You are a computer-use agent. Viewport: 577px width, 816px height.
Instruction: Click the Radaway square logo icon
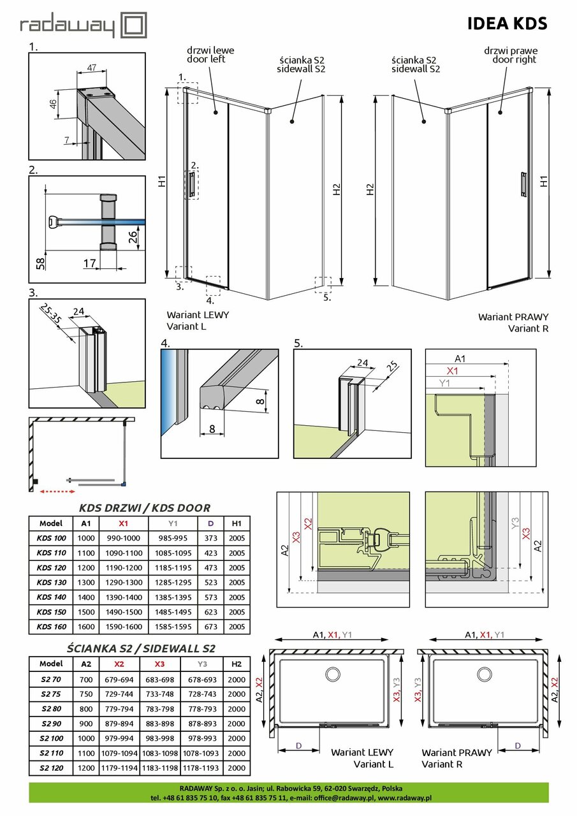click(x=134, y=26)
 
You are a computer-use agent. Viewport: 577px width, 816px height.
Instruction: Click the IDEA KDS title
click(x=507, y=24)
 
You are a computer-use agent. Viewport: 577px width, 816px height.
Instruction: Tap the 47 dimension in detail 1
click(x=92, y=67)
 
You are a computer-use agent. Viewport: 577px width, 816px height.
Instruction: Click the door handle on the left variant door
click(x=191, y=184)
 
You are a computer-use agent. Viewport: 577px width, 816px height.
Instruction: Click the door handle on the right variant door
click(x=523, y=184)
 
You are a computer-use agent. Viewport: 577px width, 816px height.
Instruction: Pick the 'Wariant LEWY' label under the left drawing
click(x=197, y=315)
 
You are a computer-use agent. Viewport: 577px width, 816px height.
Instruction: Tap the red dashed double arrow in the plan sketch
click(x=57, y=492)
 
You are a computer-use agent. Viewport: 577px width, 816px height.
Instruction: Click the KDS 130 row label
click(x=52, y=582)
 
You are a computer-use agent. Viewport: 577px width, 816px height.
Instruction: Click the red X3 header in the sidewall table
click(x=164, y=664)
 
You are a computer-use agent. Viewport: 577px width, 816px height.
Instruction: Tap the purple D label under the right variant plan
click(x=517, y=745)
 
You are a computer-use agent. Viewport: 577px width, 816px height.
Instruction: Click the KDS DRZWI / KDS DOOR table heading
click(x=144, y=508)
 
